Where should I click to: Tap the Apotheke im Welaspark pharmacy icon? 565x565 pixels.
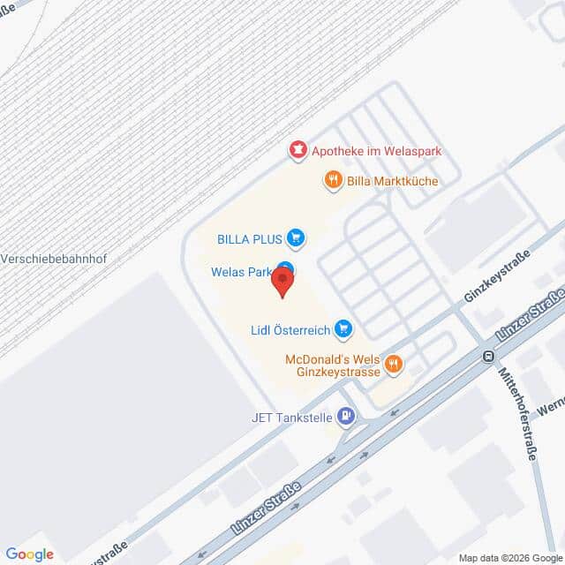coord(298,151)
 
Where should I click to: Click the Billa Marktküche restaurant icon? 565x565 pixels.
coord(333,181)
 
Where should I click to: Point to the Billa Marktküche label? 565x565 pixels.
coord(392,181)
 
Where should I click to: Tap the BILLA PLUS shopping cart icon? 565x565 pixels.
coord(297,237)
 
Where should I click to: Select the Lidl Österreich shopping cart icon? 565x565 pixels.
coord(343,330)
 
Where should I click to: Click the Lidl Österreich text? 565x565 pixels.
coord(290,330)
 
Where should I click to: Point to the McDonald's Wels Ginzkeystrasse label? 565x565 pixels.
coord(334,365)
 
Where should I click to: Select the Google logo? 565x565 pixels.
coord(29,554)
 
